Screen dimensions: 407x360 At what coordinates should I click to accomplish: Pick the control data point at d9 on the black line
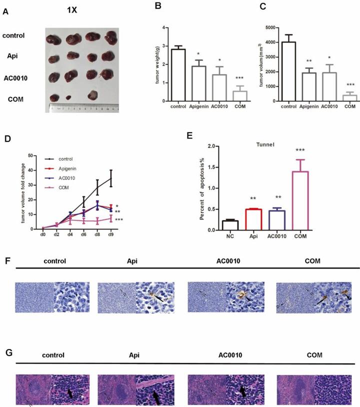(111, 177)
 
